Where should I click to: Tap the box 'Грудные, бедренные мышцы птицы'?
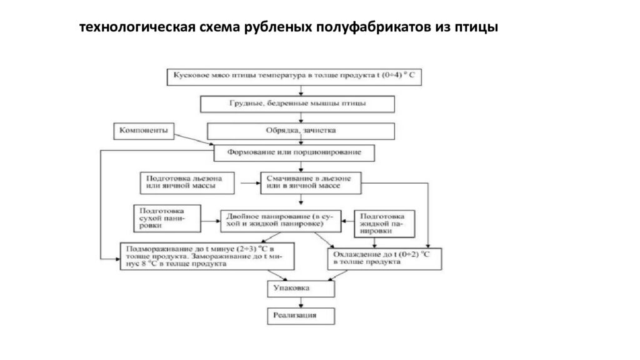(297, 103)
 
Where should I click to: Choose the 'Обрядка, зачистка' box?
(301, 131)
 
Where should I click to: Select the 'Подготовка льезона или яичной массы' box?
(188, 182)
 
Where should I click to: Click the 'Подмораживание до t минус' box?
(207, 255)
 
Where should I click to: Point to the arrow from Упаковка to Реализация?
(301, 302)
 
